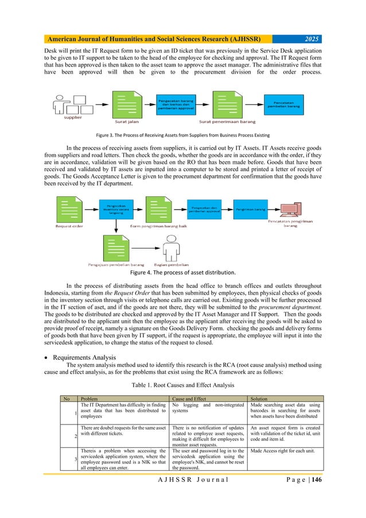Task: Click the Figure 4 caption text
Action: [x=183, y=272]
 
